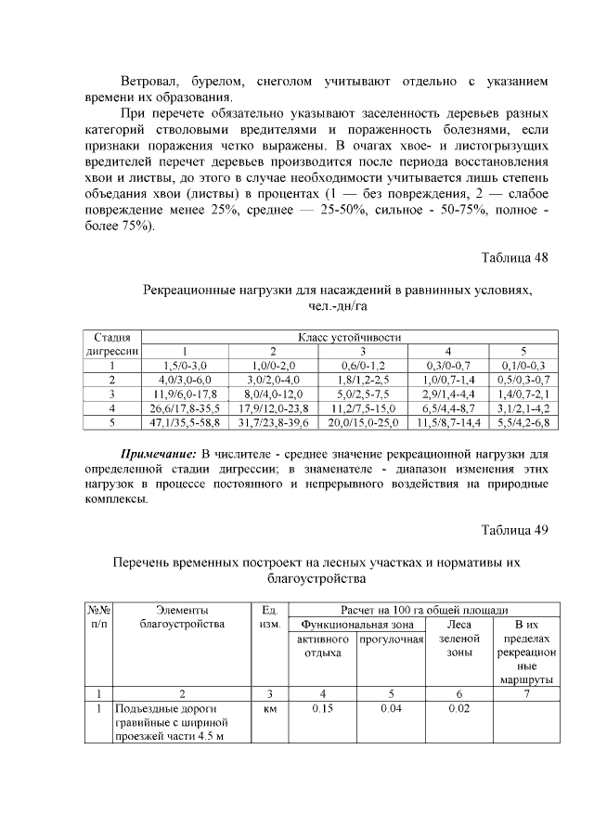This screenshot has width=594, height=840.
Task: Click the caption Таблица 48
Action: pyautogui.click(x=514, y=258)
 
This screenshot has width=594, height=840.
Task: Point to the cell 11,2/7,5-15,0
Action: pyautogui.click(x=362, y=407)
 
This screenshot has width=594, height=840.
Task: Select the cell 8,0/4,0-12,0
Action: pyautogui.click(x=273, y=394)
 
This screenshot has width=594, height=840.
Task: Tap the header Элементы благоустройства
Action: pyautogui.click(x=182, y=617)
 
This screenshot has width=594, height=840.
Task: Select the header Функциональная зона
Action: pyautogui.click(x=356, y=625)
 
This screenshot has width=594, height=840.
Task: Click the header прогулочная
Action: pyautogui.click(x=391, y=640)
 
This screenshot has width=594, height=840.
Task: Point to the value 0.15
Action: pyautogui.click(x=322, y=709)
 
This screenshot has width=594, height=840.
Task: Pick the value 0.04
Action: pyautogui.click(x=391, y=709)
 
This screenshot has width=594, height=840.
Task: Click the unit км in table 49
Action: pyautogui.click(x=269, y=709)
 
